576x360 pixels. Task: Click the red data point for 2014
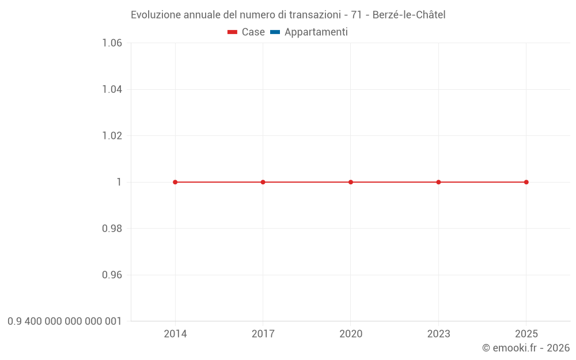(x=175, y=182)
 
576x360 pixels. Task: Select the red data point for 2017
(x=263, y=182)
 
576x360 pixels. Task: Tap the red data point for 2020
(x=351, y=182)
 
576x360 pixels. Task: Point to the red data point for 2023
(x=438, y=182)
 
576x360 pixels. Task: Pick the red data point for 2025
(x=526, y=182)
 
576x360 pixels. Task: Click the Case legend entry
(x=247, y=32)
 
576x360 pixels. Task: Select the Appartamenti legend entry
(x=309, y=32)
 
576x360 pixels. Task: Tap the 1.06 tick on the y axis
(x=112, y=43)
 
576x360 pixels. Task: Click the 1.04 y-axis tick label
(x=112, y=89)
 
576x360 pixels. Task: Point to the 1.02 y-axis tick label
(x=112, y=136)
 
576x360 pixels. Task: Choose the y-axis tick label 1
(x=119, y=182)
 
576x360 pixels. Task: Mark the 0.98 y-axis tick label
(x=112, y=229)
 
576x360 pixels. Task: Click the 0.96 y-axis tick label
(x=112, y=275)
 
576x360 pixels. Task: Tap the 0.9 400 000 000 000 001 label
(x=65, y=321)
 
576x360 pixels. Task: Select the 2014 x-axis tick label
(x=175, y=334)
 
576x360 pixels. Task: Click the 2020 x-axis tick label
(x=351, y=334)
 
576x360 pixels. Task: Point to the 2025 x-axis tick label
(x=526, y=334)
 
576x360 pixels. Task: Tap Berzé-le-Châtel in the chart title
(x=409, y=15)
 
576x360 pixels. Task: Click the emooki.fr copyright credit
(x=526, y=348)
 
